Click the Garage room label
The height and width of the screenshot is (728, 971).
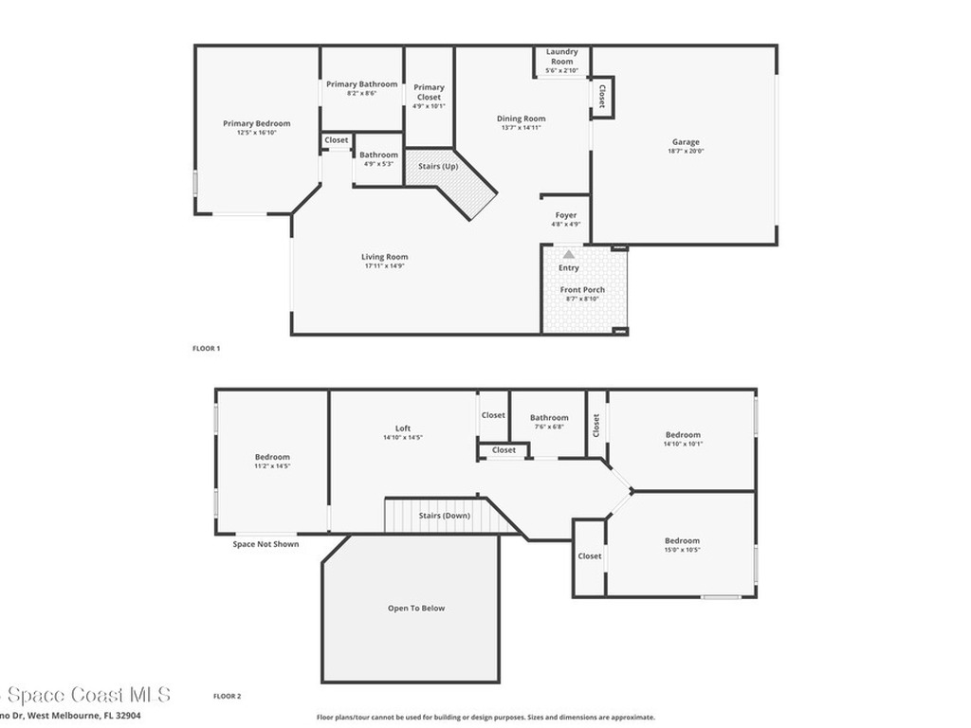click(x=686, y=142)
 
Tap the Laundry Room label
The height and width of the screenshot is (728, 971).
click(x=562, y=57)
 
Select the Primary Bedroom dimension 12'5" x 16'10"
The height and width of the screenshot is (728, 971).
click(x=256, y=133)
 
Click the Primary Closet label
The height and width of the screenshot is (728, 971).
click(x=429, y=92)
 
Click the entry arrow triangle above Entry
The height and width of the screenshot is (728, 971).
click(x=568, y=254)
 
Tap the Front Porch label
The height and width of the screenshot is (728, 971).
click(x=582, y=290)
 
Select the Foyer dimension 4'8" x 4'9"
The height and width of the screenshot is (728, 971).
click(x=566, y=225)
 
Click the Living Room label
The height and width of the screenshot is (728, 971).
click(x=384, y=257)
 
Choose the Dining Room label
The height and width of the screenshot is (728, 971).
click(x=522, y=118)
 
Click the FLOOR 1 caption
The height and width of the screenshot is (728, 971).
click(x=206, y=349)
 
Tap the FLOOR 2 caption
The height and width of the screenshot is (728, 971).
click(x=227, y=696)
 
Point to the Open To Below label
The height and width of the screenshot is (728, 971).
click(x=415, y=609)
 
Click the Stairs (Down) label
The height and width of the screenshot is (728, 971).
click(x=444, y=516)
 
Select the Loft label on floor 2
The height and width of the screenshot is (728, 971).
click(x=403, y=428)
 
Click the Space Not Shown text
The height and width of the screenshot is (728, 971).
click(x=266, y=544)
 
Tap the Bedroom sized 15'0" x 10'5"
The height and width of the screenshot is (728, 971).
click(x=682, y=541)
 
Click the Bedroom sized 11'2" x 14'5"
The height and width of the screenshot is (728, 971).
click(x=272, y=458)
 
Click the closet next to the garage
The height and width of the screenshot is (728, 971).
click(x=602, y=97)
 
